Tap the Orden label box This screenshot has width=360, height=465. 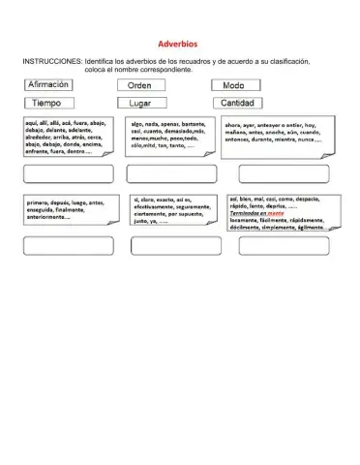coord(146,85)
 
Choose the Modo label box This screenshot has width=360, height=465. coord(234,85)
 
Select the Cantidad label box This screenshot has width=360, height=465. coord(238,103)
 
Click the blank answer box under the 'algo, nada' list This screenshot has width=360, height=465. coord(171,174)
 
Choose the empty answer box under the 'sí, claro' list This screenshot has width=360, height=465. coord(171,246)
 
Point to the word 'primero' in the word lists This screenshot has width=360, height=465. coord(38,202)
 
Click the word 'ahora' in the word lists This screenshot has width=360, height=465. coord(235,125)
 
